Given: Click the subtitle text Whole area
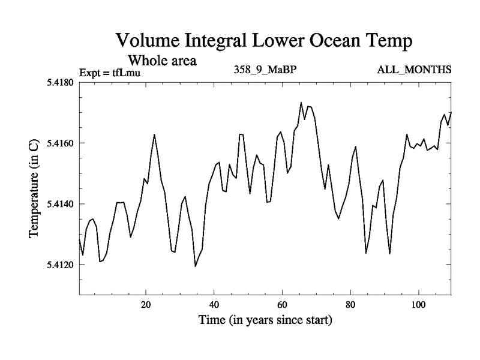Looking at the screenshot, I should click(161, 61).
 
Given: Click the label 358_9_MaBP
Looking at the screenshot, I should click(265, 70).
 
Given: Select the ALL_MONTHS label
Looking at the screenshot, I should click(414, 70).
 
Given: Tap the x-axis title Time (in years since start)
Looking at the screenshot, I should click(265, 320).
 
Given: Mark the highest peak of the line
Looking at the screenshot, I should click(301, 103).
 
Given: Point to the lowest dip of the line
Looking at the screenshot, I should click(196, 266).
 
